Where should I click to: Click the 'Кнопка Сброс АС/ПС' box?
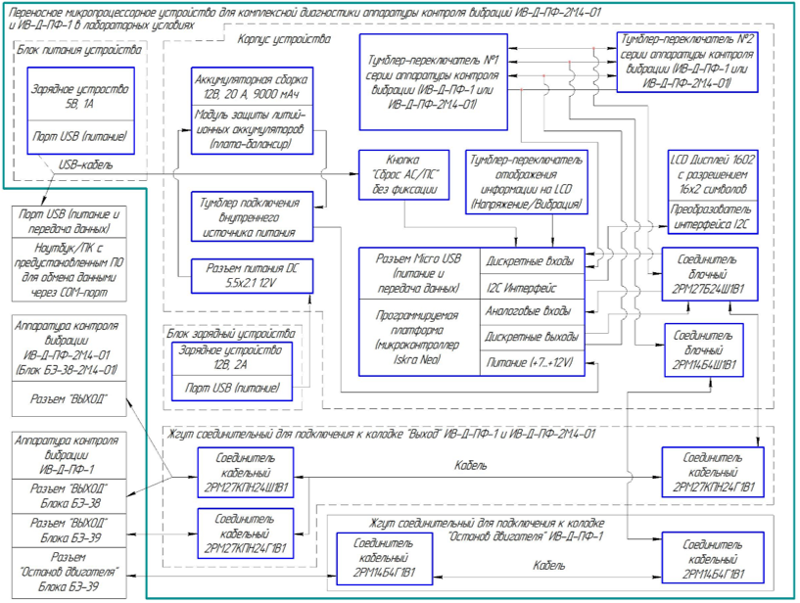tap(400, 174)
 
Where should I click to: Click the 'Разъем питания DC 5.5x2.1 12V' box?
tap(253, 273)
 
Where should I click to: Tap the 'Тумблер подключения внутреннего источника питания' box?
tap(253, 215)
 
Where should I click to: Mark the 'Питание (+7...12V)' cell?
tap(531, 361)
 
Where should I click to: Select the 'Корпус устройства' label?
tap(284, 40)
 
